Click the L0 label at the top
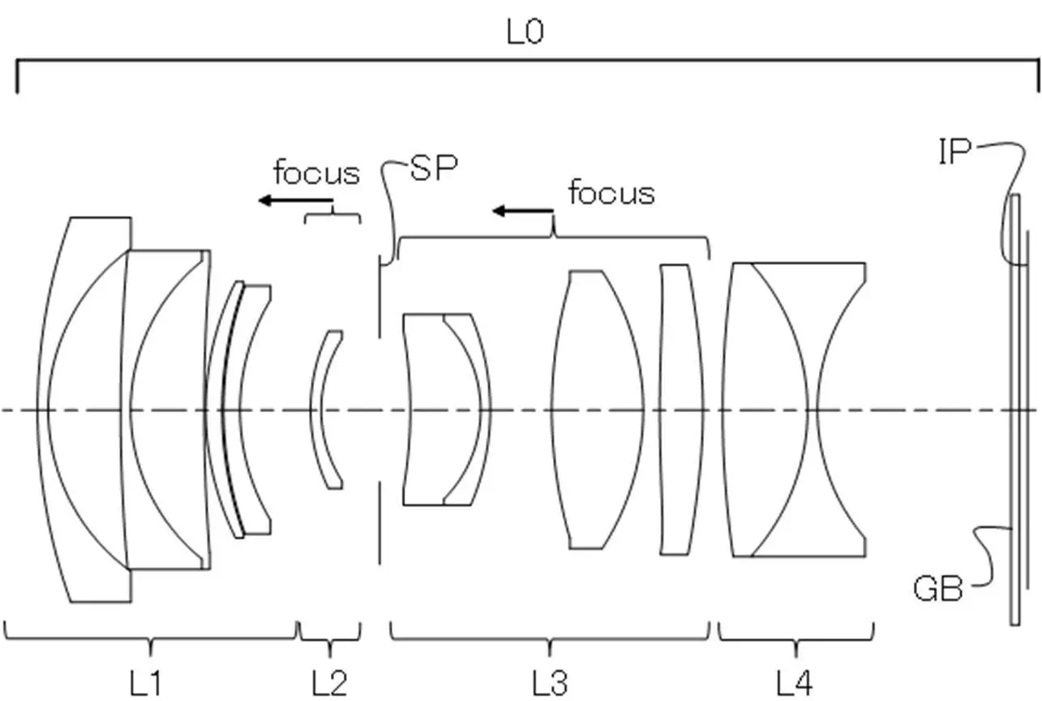point(525,32)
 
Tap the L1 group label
point(145,683)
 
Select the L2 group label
point(329,683)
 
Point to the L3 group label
point(550,683)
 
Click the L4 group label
point(795,683)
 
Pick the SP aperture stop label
point(434,168)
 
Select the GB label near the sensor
point(937,588)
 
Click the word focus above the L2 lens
point(317,172)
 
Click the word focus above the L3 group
point(611,192)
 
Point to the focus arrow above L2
point(296,200)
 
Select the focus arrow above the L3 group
point(523,211)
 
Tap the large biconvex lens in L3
point(598,410)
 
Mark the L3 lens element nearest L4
point(681,410)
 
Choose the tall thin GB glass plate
point(1014,410)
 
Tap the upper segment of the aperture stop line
point(379,296)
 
